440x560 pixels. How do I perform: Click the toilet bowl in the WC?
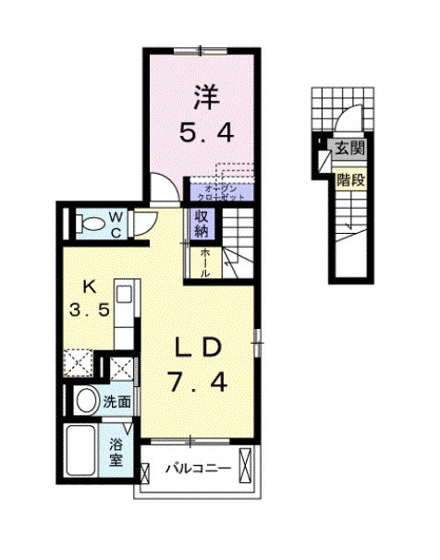(x=92, y=224)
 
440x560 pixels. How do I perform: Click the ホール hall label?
(x=205, y=262)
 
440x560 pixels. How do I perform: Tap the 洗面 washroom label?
(x=116, y=402)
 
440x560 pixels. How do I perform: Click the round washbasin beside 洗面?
(x=86, y=402)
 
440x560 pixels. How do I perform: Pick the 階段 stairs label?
(x=349, y=178)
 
